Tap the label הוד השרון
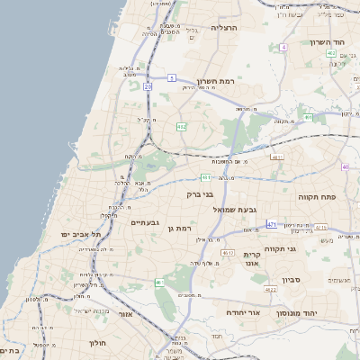tap(328, 42)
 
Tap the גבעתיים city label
tap(145, 222)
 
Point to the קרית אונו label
tap(251, 260)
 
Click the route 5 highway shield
tap(171, 78)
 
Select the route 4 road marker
tap(283, 46)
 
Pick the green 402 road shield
tap(181, 127)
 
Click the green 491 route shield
tap(308, 117)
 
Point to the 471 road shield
tap(273, 223)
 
